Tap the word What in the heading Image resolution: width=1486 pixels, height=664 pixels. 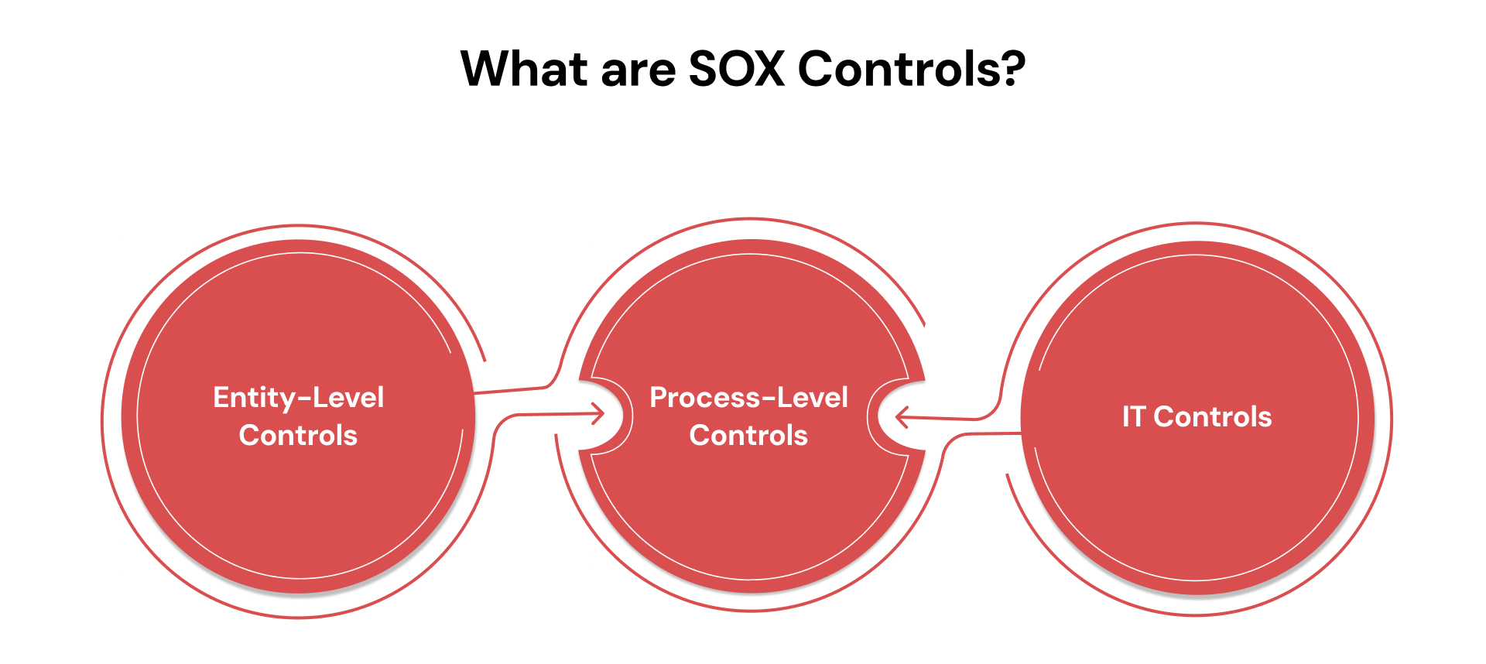tap(524, 69)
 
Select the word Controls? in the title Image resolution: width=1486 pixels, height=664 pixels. tap(911, 69)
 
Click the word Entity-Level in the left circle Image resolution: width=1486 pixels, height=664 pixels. tap(298, 398)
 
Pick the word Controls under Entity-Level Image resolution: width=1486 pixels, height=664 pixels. tap(298, 436)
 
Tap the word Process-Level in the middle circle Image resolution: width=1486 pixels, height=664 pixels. tap(748, 398)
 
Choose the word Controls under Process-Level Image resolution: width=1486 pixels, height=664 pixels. tap(748, 436)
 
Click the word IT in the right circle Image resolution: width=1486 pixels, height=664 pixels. tap(1134, 417)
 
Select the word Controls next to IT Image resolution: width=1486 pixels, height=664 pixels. tap(1212, 417)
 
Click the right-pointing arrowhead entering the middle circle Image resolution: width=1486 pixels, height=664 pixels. tap(599, 413)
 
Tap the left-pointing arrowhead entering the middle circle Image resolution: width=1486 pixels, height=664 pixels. tap(901, 418)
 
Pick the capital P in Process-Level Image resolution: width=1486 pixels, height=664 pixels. tap(659, 398)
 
